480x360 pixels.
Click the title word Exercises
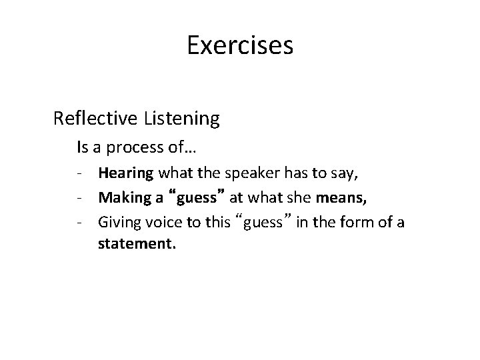click(240, 46)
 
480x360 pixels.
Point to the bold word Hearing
click(126, 175)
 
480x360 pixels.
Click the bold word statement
click(137, 245)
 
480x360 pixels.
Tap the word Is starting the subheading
click(82, 146)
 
